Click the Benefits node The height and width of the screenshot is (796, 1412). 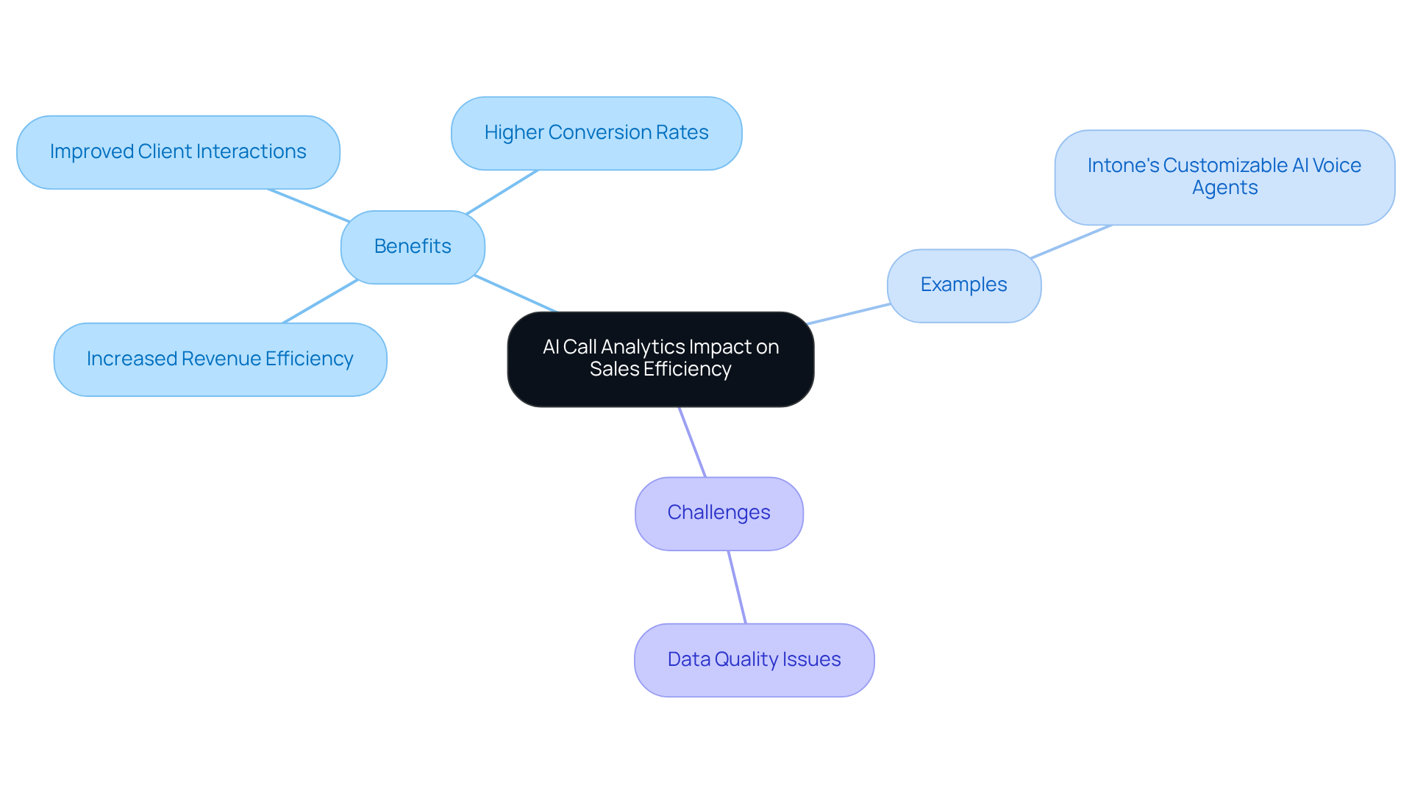pyautogui.click(x=413, y=247)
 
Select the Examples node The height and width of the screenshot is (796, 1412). pyautogui.click(x=963, y=285)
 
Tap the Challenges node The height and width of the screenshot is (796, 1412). pyautogui.click(x=719, y=513)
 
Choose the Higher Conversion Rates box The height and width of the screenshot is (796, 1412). pyautogui.click(x=596, y=133)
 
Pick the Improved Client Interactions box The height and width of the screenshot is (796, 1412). pyautogui.click(x=178, y=152)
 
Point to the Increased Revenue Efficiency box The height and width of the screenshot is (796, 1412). pyautogui.click(x=220, y=359)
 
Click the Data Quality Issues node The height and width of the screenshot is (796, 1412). pyautogui.click(x=754, y=660)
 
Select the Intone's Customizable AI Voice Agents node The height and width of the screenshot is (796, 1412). pyautogui.click(x=1224, y=176)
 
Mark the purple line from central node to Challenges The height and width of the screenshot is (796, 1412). pyautogui.click(x=692, y=442)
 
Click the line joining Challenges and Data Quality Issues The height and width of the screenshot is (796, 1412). pyautogui.click(x=737, y=587)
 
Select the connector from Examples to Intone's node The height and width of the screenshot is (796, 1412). pyautogui.click(x=1071, y=242)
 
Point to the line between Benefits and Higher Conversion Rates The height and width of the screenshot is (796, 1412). pyautogui.click(x=502, y=192)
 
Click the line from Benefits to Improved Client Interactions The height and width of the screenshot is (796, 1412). pyautogui.click(x=309, y=206)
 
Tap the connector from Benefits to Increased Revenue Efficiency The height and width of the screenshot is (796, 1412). pyautogui.click(x=320, y=301)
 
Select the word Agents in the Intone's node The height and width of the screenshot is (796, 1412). pyautogui.click(x=1224, y=188)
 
